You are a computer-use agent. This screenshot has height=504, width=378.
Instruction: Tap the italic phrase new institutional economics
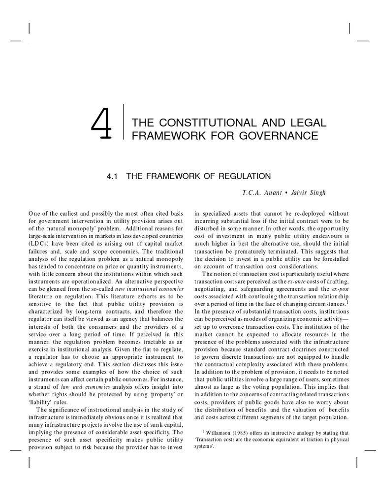(143, 288)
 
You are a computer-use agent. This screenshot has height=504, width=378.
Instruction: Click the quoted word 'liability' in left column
(43, 394)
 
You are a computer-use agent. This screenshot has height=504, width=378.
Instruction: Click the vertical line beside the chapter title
(122, 128)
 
